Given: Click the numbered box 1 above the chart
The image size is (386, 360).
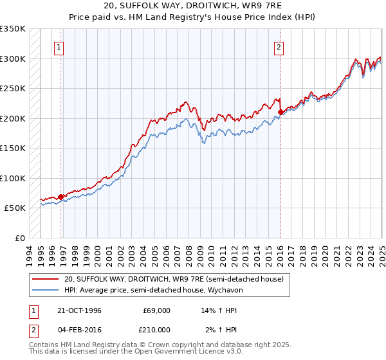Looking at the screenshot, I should click(59, 46).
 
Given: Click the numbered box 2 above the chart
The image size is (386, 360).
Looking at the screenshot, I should click(279, 46).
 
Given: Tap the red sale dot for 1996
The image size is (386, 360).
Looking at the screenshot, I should click(61, 197).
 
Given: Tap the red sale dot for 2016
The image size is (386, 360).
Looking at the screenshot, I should click(280, 113).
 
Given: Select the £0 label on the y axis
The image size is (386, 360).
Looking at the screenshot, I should click(20, 238).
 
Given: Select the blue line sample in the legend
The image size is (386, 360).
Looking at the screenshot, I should click(46, 290).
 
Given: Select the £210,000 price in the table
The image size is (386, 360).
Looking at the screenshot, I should click(157, 330).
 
